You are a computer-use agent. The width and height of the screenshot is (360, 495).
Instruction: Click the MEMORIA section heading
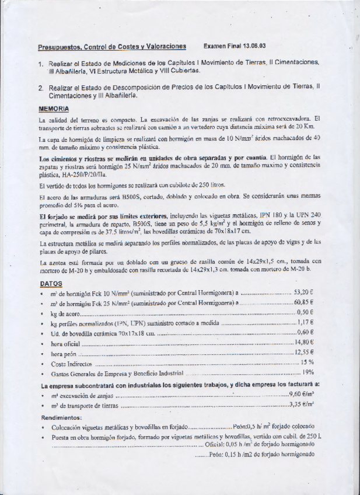[x=54, y=109]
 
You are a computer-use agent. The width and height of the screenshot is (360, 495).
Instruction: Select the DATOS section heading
[x=51, y=283]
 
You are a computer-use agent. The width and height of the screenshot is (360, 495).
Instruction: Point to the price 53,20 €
[x=304, y=292]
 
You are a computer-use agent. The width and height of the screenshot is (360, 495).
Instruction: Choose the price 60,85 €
[x=304, y=302]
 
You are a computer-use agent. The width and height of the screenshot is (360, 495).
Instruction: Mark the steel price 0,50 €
[x=306, y=312]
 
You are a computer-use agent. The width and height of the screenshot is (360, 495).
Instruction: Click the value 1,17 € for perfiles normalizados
[x=306, y=322]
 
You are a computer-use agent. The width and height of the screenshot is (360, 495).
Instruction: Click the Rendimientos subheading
[x=61, y=417]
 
